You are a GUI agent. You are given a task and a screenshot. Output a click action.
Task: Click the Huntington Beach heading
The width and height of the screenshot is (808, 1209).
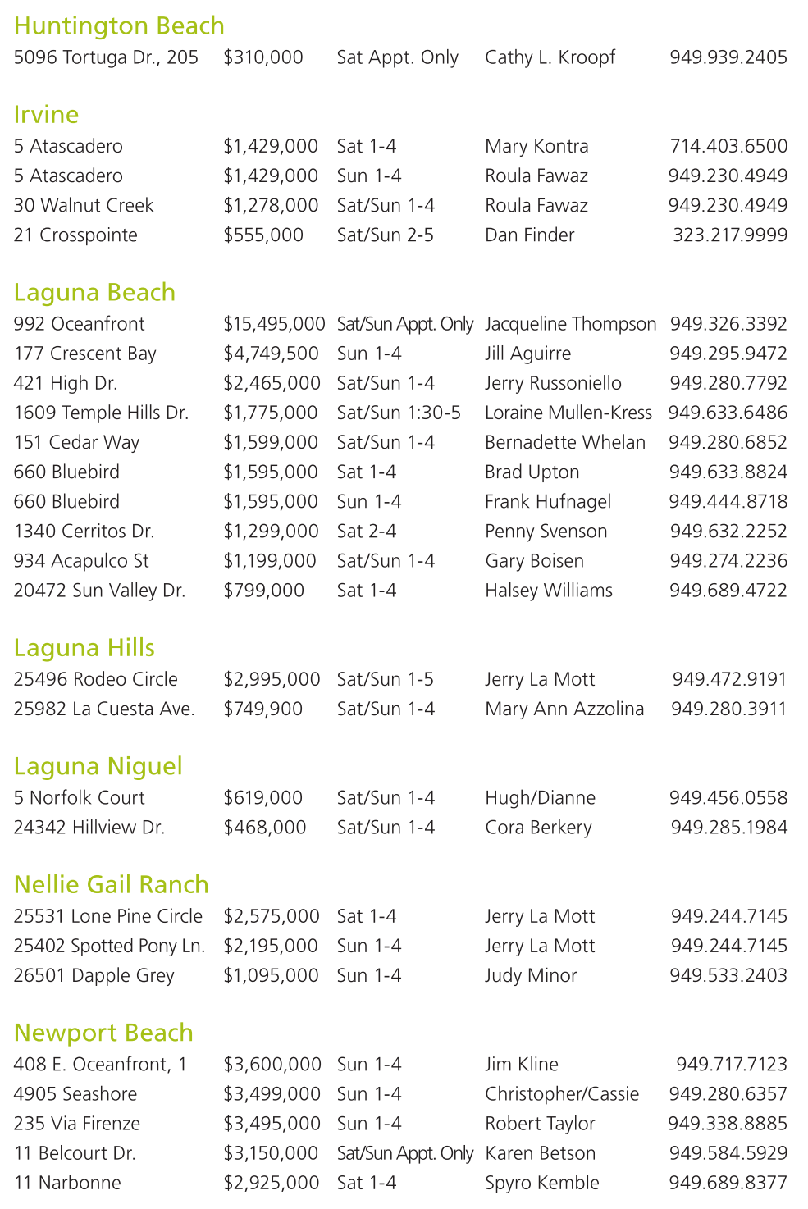[x=119, y=26]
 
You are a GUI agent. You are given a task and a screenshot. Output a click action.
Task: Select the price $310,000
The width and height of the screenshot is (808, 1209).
[x=263, y=57]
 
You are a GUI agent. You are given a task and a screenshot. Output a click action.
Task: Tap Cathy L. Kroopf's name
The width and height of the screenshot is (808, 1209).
[x=550, y=57]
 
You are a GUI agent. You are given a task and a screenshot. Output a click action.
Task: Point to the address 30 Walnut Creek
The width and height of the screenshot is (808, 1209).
[x=84, y=206]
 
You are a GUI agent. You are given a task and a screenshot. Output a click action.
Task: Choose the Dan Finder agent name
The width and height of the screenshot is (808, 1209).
[x=529, y=235]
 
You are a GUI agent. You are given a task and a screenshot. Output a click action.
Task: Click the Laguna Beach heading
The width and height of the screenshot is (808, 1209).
[x=94, y=293]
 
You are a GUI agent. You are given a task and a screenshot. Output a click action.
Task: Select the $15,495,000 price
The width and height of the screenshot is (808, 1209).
[x=274, y=324]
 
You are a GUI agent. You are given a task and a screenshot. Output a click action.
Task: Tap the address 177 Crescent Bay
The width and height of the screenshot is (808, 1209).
[x=84, y=354]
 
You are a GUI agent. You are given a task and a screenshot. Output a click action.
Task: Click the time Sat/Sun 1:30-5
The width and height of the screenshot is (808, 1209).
[x=399, y=413]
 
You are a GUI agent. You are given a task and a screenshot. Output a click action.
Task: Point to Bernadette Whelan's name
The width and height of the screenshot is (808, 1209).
[x=564, y=442]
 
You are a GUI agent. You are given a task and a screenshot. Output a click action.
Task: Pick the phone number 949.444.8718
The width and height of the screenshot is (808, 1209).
[x=728, y=502]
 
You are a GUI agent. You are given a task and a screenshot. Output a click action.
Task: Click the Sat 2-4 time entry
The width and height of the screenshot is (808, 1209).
[x=367, y=532]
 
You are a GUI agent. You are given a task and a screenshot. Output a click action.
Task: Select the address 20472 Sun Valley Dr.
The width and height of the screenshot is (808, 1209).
[x=99, y=591]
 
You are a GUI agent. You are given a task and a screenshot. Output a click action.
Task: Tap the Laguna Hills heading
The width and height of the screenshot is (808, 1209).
[x=84, y=648]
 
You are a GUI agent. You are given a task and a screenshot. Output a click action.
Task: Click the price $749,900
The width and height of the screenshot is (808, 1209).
[x=263, y=709]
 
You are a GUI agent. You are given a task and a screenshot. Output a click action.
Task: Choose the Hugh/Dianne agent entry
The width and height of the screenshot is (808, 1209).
[x=540, y=798]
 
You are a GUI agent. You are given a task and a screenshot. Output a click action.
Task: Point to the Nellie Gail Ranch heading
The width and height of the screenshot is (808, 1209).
[x=111, y=885]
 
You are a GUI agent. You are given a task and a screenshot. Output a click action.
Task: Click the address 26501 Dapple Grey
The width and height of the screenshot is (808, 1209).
[x=94, y=976]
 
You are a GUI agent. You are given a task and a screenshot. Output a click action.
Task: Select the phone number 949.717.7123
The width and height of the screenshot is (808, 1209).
[x=731, y=1065]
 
